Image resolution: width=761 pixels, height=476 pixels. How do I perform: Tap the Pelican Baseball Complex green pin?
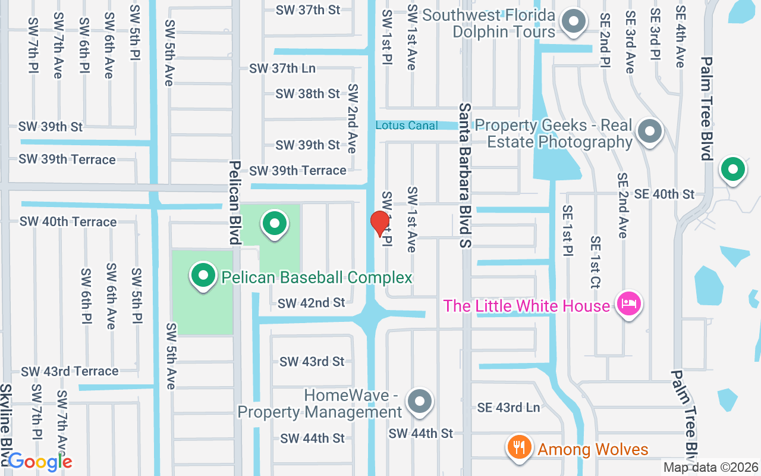pyautogui.click(x=203, y=275)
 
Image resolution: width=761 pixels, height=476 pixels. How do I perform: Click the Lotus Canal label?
pyautogui.click(x=407, y=126)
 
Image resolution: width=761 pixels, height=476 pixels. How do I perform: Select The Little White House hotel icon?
pyautogui.click(x=629, y=304)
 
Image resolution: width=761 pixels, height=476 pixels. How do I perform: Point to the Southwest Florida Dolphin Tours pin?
pyautogui.click(x=574, y=21)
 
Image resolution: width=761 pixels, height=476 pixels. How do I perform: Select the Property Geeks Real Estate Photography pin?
pyautogui.click(x=649, y=130)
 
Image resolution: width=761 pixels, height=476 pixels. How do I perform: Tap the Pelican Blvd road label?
pyautogui.click(x=235, y=202)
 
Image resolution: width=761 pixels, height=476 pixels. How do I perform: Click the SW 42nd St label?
pyautogui.click(x=311, y=303)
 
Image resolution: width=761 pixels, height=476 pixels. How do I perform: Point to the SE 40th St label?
pyautogui.click(x=664, y=194)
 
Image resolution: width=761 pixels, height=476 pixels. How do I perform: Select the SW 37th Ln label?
pyautogui.click(x=282, y=68)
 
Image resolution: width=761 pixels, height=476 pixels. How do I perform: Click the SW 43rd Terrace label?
pyautogui.click(x=70, y=371)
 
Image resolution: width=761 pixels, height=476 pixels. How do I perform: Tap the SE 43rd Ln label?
pyautogui.click(x=508, y=408)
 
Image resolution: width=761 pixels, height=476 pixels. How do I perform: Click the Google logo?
pyautogui.click(x=40, y=462)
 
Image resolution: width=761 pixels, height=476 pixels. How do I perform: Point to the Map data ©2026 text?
pyautogui.click(x=711, y=468)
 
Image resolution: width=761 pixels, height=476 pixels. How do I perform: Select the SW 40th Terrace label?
pyautogui.click(x=68, y=222)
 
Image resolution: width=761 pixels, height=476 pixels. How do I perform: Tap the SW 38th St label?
pyautogui.click(x=307, y=94)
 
